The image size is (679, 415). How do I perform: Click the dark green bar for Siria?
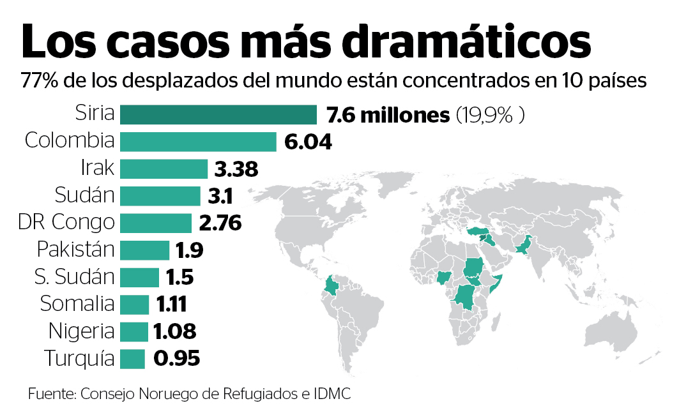pos(218,115)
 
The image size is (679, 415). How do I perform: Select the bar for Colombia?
pos(198,142)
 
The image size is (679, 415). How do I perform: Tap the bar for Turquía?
pos(133,359)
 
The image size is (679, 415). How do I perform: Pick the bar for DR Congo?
pos(156,223)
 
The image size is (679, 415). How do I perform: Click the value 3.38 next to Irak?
pos(236,169)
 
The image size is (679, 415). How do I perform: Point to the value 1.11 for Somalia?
pos(171,305)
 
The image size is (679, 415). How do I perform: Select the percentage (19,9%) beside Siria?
pos(490,116)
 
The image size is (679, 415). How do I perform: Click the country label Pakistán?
pos(75,250)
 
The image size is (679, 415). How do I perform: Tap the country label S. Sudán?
pos(74,277)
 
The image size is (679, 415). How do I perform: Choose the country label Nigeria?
pos(81,331)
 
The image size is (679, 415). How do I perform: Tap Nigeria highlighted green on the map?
pos(443,277)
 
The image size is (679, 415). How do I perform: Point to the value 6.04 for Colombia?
pos(309,142)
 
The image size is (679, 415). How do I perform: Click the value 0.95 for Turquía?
pos(177,359)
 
